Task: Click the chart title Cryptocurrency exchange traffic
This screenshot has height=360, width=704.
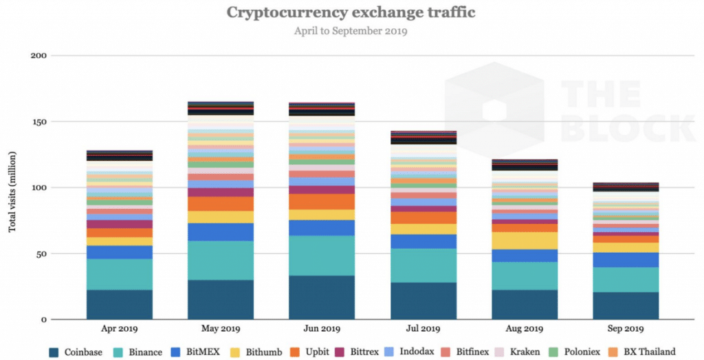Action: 351,12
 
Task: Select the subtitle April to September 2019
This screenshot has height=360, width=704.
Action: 351,31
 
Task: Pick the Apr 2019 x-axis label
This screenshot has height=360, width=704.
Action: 119,330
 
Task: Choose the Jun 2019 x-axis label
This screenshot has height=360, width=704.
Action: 322,330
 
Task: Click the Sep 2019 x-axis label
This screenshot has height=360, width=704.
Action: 625,330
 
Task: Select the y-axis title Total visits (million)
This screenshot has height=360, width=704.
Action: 12,188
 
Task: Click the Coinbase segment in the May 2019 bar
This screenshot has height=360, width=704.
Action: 220,300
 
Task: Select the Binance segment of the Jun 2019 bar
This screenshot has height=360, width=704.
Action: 322,256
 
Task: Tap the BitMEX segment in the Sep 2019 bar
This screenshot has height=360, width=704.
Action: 625,260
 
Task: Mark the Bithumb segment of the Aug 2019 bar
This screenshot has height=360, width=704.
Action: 524,240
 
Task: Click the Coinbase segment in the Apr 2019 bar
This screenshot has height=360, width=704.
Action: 119,304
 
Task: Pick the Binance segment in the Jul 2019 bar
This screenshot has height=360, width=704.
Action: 423,265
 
